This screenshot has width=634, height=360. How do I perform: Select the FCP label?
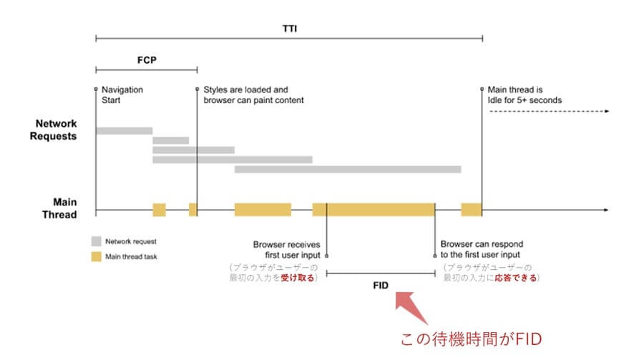coord(146,61)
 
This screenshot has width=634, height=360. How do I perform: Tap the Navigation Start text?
coord(122,95)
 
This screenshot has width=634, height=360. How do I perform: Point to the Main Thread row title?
coord(74,207)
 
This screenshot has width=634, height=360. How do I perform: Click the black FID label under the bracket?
coord(380,284)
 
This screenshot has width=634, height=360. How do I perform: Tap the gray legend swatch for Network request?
coord(97,241)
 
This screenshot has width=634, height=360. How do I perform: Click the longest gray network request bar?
coord(347,170)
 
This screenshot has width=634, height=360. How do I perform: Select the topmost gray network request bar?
coord(124,131)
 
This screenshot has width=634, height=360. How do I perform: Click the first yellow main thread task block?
coord(159,210)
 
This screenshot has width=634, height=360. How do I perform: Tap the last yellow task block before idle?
coord(471,210)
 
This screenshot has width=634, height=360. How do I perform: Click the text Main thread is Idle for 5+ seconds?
coord(524,95)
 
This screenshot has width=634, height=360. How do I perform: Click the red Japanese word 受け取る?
coord(297,278)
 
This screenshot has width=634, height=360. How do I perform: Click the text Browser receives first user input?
coord(286,249)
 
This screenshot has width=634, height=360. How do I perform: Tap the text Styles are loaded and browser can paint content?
coord(253,95)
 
